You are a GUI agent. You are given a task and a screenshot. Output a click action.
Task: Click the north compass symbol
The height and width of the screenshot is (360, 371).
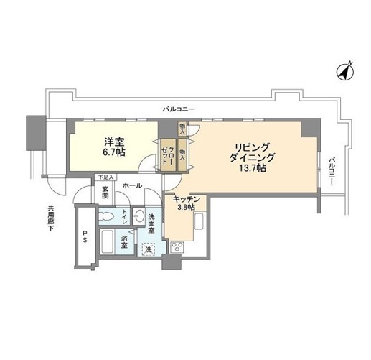point(345,72)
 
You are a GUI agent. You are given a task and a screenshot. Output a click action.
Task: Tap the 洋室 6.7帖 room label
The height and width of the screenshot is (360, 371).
point(114,147)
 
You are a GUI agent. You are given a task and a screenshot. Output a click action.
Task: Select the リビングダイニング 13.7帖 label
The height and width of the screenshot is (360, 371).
point(252,157)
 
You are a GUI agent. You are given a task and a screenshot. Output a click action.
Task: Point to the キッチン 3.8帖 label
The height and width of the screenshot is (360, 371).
point(187,203)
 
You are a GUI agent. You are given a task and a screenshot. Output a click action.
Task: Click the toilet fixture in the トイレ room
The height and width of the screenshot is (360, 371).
point(107,217)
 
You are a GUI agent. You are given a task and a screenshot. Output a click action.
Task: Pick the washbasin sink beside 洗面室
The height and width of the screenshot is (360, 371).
point(138,217)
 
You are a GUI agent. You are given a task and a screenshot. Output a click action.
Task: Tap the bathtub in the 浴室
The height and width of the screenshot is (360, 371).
point(107,241)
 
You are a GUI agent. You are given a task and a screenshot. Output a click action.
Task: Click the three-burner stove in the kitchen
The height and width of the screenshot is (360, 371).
point(177,247)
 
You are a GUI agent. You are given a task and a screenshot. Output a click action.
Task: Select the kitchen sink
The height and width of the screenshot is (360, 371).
point(199,221)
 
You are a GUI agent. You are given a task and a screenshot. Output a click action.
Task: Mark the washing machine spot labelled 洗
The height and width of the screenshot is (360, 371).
point(149,249)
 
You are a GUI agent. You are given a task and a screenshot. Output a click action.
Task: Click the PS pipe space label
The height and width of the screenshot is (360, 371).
point(85,236)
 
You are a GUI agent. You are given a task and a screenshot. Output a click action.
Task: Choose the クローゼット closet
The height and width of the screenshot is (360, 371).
point(168,155)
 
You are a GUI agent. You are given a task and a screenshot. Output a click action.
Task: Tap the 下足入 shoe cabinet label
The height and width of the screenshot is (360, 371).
point(105,177)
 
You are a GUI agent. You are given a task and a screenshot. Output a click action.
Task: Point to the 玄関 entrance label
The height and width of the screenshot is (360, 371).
point(105,193)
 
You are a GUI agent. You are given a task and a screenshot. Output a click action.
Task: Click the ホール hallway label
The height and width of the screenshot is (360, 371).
point(132,185)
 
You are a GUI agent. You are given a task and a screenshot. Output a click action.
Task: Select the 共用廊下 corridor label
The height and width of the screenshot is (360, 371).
point(51,218)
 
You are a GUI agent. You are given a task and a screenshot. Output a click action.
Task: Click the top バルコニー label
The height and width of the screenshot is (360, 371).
point(179,109)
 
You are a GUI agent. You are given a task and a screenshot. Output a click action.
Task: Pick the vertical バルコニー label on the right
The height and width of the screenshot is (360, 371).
point(332,171)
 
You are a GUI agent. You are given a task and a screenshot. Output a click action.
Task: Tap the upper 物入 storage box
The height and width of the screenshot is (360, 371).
point(182,129)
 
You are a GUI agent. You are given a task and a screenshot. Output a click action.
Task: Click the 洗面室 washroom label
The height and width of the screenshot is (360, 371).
point(151,223)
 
